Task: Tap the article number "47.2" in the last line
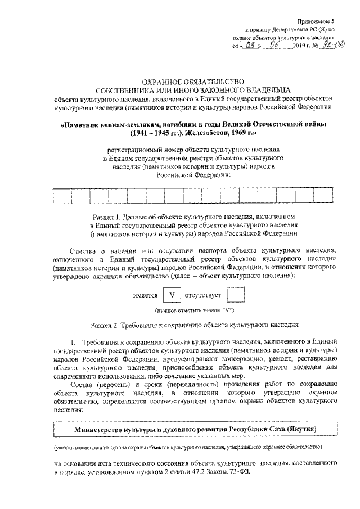pos(198,472)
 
